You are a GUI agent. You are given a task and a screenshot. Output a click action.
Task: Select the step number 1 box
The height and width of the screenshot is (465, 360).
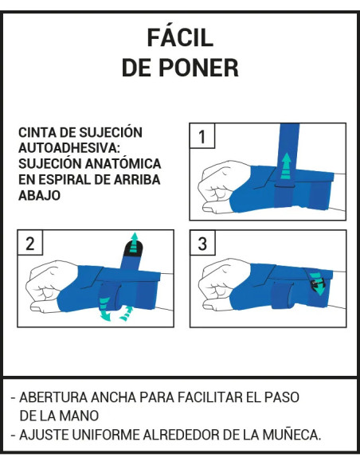[x=202, y=136]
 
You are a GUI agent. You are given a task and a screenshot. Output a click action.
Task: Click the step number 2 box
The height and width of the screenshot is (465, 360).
[x=30, y=244]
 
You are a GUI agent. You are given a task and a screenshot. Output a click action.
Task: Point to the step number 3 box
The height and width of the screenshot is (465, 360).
[x=202, y=244]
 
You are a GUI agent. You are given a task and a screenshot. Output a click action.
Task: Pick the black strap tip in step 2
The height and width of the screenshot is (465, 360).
[x=133, y=254]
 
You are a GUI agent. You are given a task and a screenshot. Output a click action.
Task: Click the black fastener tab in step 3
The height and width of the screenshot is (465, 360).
[x=316, y=281]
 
